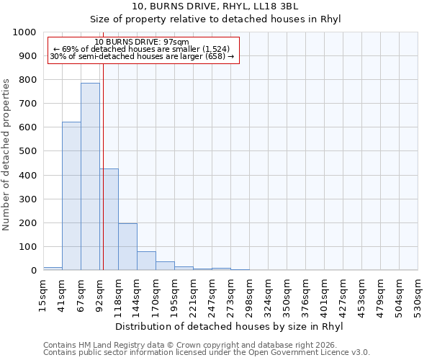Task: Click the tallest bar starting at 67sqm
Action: tap(90, 176)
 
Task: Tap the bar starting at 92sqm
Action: tap(109, 220)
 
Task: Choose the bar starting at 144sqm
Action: tap(146, 261)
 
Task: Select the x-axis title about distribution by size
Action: tap(229, 326)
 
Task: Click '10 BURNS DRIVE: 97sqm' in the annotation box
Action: tap(141, 42)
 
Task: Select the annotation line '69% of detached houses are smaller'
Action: tap(141, 49)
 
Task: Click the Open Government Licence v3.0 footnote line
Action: tap(207, 352)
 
